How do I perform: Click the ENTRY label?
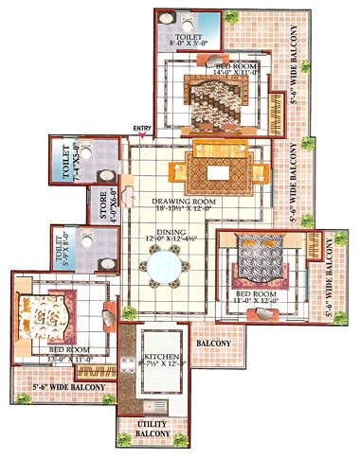[x=142, y=129]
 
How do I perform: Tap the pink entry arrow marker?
[x=142, y=136]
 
